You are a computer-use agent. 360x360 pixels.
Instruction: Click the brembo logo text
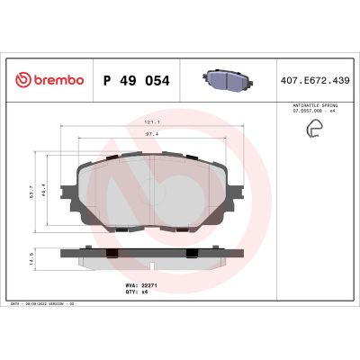[x=57, y=80]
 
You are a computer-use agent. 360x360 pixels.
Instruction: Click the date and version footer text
[x=46, y=305]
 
